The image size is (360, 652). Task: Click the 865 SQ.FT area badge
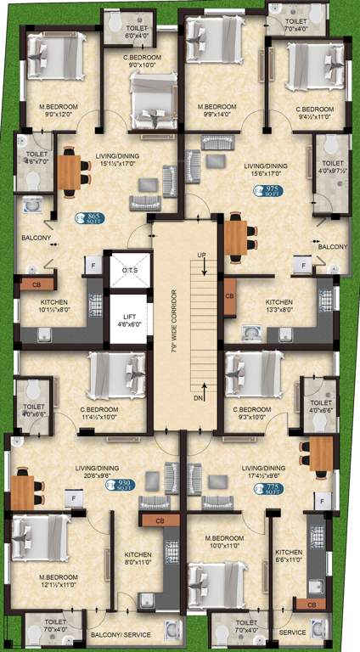point(89,218)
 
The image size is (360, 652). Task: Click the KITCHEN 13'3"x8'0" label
point(278,306)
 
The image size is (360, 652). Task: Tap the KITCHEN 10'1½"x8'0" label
point(53,306)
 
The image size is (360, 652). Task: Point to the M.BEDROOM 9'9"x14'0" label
point(222,111)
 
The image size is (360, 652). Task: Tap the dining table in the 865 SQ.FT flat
point(69,174)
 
